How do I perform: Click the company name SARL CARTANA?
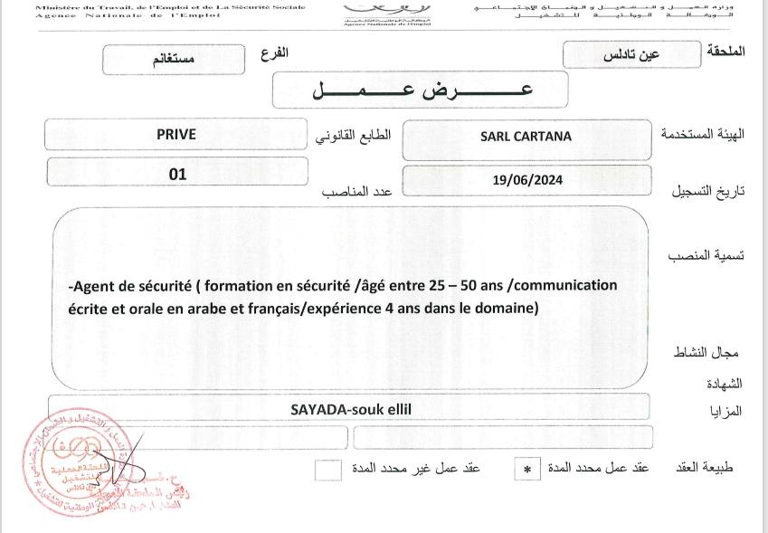point(526,137)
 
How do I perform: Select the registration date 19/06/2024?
point(528,179)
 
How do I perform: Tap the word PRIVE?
point(175,134)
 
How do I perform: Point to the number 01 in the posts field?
point(177,173)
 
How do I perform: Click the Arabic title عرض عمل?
point(421,90)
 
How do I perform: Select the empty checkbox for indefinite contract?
point(328,469)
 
